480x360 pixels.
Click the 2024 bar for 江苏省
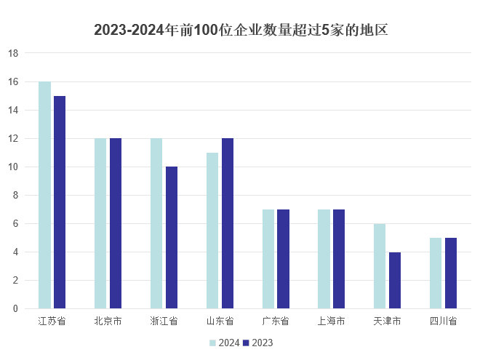[x=44, y=195]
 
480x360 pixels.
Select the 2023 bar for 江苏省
[x=60, y=202]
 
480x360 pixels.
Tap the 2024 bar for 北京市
[x=100, y=223]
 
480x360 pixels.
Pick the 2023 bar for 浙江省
[x=172, y=238]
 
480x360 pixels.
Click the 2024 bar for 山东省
[x=212, y=231]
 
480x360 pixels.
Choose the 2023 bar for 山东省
[x=228, y=223]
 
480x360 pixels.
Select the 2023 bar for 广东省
[x=283, y=259]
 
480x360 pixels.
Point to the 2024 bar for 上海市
[x=324, y=259]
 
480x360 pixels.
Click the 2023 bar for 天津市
[x=395, y=280]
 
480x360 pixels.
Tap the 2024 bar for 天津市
[x=380, y=266]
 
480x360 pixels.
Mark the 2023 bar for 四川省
[x=451, y=273]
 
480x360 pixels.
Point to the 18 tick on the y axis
[x=13, y=53]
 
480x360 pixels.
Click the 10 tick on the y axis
[x=13, y=167]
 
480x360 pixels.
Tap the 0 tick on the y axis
[x=15, y=308]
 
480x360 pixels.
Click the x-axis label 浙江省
[x=164, y=321]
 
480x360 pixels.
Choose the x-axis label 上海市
[x=331, y=321]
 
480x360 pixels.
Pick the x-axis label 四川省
[x=443, y=321]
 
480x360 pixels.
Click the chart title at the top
[x=240, y=31]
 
